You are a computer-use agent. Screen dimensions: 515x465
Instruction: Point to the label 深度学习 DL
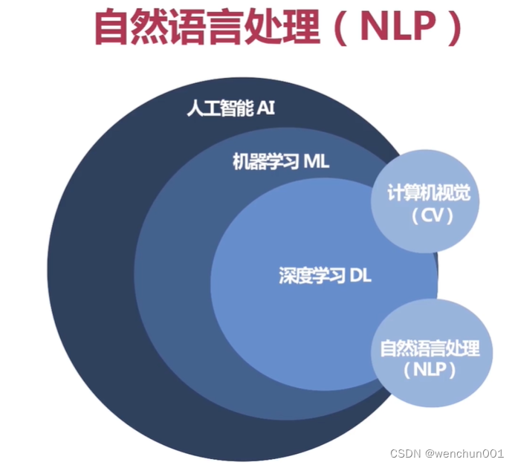point(325,277)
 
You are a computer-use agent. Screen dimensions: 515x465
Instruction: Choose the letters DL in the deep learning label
point(360,277)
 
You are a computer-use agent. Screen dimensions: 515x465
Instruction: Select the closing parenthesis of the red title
point(450,29)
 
